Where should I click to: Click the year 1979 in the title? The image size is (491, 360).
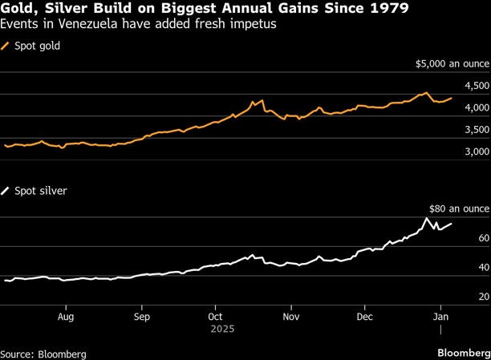click(x=388, y=10)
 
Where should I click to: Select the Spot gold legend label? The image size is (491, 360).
click(x=38, y=47)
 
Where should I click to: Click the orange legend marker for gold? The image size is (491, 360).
click(x=7, y=47)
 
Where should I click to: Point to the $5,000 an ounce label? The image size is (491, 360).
click(x=452, y=63)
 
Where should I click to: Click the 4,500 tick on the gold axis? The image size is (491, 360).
click(x=477, y=86)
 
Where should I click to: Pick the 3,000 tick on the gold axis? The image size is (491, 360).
click(x=477, y=152)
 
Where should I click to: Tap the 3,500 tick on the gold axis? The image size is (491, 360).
click(x=477, y=130)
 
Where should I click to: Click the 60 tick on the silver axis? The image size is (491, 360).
click(x=484, y=239)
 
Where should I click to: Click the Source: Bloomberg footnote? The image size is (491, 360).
click(x=43, y=353)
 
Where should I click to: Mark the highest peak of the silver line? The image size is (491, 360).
click(x=427, y=219)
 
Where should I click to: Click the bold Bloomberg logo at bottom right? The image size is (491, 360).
click(x=461, y=353)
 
